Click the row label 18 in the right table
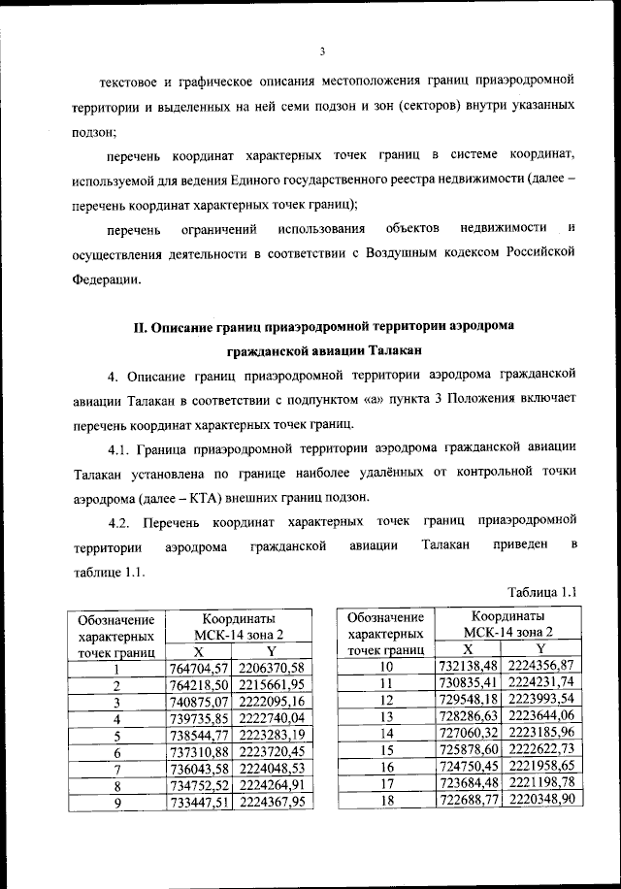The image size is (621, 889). [385, 799]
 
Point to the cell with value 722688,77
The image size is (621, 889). [468, 799]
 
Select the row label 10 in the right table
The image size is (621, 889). [385, 666]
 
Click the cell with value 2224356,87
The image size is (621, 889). [541, 666]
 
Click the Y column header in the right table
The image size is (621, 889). [541, 648]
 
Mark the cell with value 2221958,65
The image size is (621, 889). [541, 766]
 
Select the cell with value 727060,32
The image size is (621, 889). [468, 733]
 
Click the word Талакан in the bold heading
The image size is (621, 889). [395, 348]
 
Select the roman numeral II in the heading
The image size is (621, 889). [138, 326]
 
